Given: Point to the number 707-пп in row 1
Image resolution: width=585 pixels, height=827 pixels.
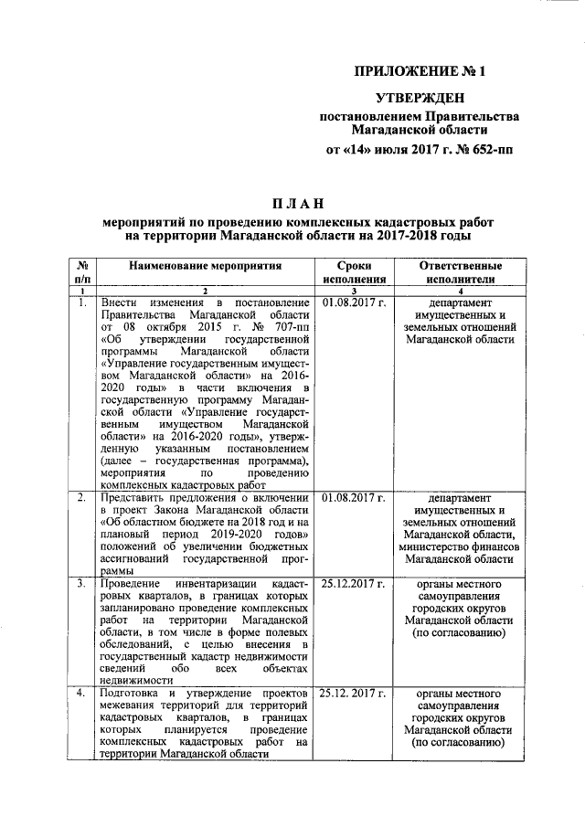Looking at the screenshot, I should (282, 328).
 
